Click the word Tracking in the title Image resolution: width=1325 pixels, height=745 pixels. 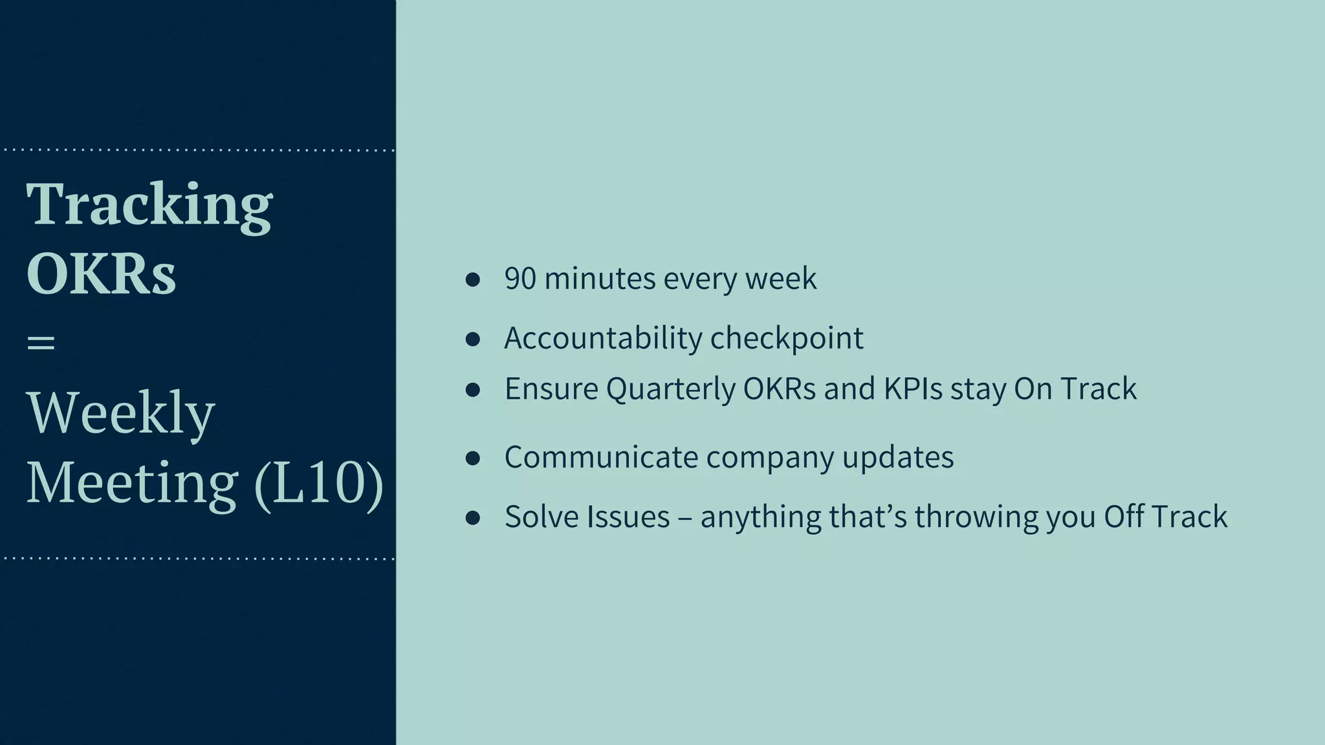(149, 206)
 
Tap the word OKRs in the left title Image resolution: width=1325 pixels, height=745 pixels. (101, 274)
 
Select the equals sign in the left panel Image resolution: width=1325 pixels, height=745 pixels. (41, 342)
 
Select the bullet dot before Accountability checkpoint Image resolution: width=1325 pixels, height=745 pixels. (472, 339)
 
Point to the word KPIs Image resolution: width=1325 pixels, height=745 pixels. (913, 389)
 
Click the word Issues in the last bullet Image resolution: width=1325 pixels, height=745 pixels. (628, 517)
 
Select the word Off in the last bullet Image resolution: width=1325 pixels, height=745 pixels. (1122, 517)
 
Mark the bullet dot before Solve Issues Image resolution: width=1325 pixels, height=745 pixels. (472, 517)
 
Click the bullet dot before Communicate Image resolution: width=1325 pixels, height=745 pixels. (472, 459)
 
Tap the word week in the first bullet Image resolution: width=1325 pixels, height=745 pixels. (780, 279)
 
